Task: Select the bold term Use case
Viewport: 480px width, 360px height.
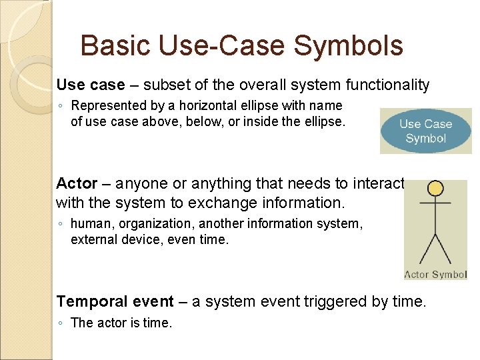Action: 91,85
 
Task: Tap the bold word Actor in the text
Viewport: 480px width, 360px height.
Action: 77,183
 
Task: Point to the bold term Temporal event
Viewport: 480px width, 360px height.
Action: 115,301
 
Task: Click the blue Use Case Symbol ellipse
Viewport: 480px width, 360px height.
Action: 425,131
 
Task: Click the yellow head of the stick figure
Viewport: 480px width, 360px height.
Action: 435,189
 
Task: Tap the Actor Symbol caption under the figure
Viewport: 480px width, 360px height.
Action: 435,275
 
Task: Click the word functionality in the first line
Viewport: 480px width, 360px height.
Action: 388,85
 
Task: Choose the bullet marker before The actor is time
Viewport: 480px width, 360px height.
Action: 61,323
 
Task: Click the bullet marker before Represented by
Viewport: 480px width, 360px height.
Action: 61,106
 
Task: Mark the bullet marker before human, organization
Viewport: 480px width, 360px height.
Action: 61,224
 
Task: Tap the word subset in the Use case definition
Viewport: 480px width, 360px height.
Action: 163,85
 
